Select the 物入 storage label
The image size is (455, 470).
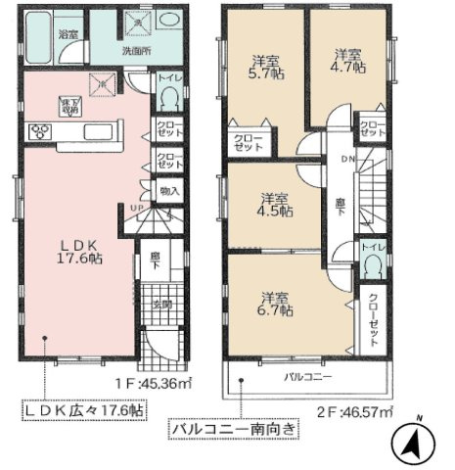(167, 194)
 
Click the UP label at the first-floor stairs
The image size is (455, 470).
(137, 208)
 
